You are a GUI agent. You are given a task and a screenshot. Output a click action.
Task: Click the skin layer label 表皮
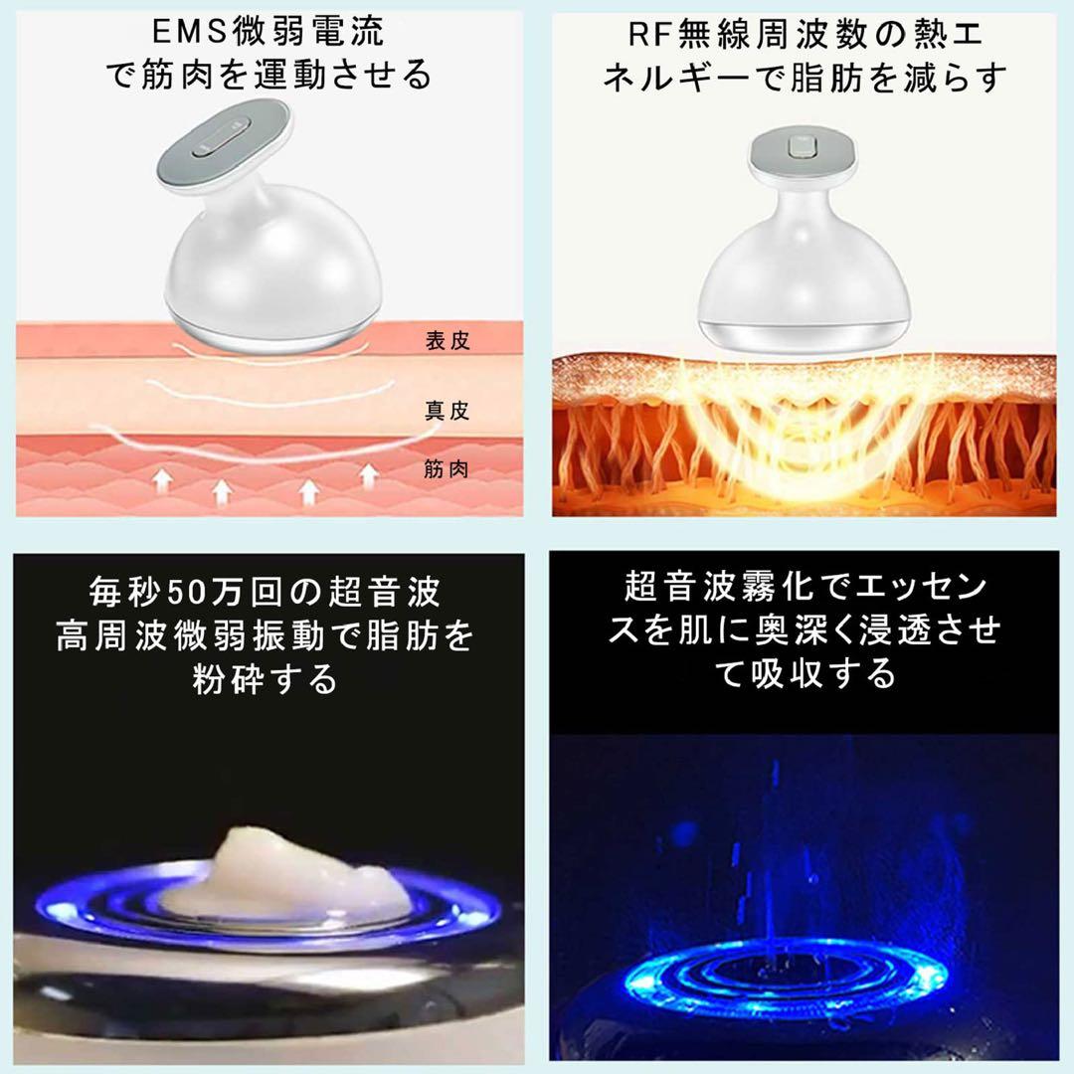point(447,341)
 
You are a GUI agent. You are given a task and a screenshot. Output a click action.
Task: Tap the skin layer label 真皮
point(447,410)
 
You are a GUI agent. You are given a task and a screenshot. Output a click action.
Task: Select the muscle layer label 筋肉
point(447,469)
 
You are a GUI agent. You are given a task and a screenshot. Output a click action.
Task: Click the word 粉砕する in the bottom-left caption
point(267,680)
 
